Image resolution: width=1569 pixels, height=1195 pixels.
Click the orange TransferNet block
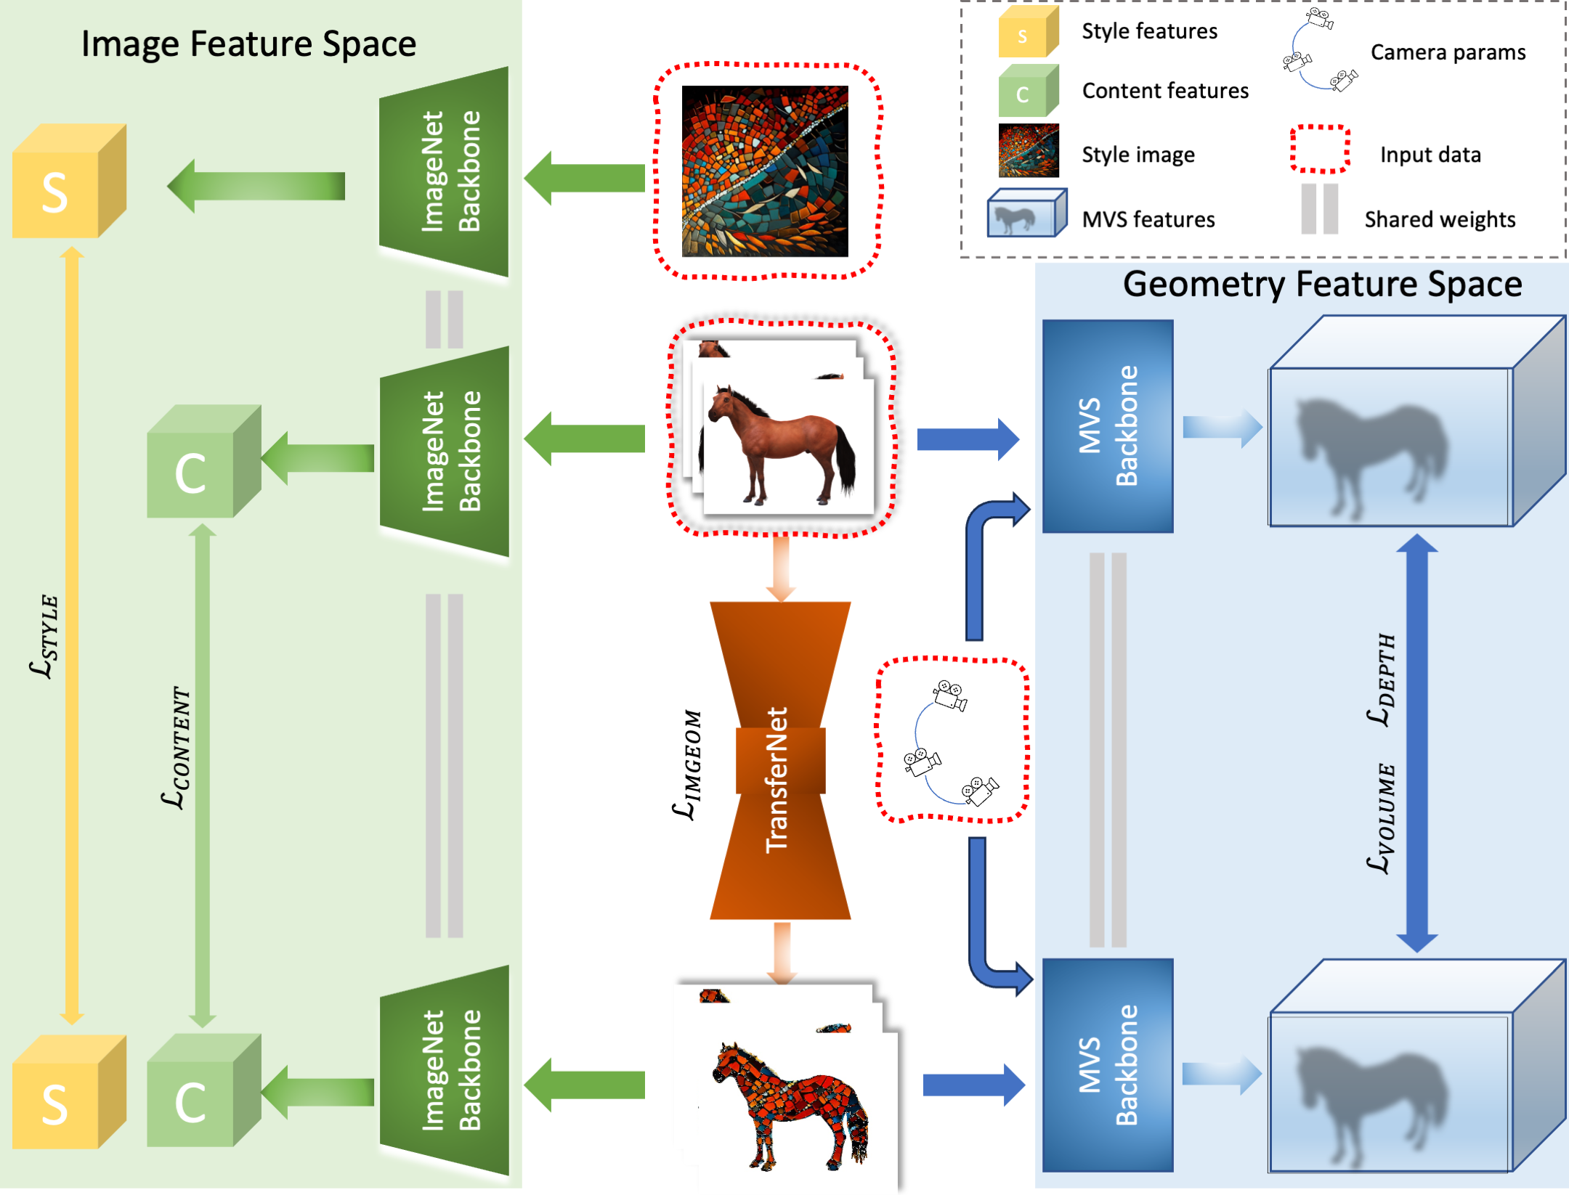pos(780,760)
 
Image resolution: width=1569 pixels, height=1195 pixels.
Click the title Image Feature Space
pos(248,44)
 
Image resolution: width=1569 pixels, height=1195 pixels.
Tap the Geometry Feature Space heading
pos(1322,285)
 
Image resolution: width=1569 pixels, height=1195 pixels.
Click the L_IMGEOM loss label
pos(687,765)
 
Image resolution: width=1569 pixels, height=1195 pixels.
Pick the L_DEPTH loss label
pos(1382,680)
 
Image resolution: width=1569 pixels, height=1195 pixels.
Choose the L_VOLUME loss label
pos(1382,818)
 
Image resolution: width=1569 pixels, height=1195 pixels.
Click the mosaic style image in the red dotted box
pos(765,171)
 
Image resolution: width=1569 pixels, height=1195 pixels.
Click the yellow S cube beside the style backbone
pos(70,181)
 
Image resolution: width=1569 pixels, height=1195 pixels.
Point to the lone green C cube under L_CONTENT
pos(204,461)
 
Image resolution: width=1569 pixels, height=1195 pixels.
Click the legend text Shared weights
pos(1440,219)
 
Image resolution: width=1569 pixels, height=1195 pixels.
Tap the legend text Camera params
pos(1448,52)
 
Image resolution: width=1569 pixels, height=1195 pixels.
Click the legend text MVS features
pos(1148,219)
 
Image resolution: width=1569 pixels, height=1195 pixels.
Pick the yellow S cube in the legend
pos(1028,32)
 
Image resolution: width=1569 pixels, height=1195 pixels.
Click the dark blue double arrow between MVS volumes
pos(1416,743)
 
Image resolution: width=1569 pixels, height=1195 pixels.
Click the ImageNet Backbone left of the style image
pos(444,171)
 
